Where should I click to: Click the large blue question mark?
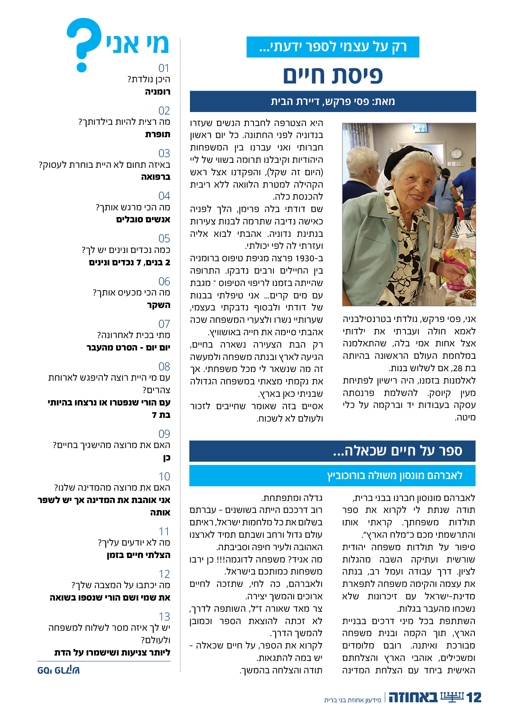84,44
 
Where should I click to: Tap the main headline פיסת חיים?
333,76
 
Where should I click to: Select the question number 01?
164,68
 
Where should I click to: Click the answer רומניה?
157,92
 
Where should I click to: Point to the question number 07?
164,324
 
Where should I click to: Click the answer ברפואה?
155,177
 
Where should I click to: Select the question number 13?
164,617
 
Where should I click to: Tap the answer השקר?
159,305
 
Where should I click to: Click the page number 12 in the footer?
474,698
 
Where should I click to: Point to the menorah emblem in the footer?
452,697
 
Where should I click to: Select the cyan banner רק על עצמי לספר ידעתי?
333,47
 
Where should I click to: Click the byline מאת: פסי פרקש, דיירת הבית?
333,102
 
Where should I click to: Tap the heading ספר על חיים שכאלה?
397,451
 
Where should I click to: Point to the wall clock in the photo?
456,153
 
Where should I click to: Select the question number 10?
164,477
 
